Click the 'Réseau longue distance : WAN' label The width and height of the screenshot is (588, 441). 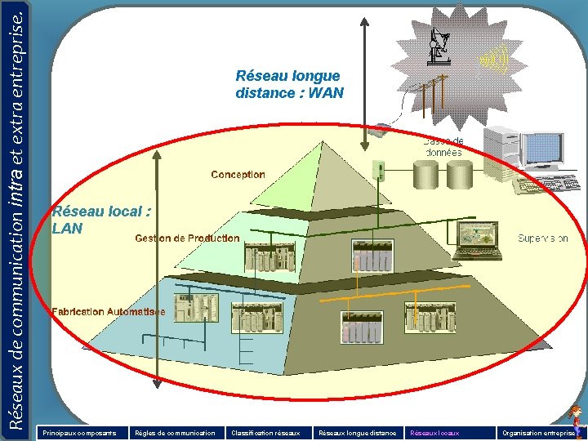click(x=289, y=84)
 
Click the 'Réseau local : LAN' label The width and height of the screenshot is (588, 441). click(x=101, y=220)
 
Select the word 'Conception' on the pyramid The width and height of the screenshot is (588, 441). click(x=238, y=175)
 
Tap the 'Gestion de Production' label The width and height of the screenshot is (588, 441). click(x=187, y=238)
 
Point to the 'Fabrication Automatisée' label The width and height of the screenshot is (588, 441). click(x=108, y=312)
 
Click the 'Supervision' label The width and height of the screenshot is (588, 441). click(x=542, y=238)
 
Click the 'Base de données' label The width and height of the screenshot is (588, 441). click(x=443, y=147)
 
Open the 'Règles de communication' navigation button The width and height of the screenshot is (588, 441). click(x=175, y=433)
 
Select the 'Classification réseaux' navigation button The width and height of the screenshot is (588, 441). click(x=265, y=433)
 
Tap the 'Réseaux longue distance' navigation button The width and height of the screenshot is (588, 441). click(x=358, y=433)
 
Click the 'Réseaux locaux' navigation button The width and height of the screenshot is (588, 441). click(x=434, y=433)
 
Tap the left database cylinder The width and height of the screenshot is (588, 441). click(x=425, y=174)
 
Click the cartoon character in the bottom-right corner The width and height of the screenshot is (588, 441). click(x=576, y=416)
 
